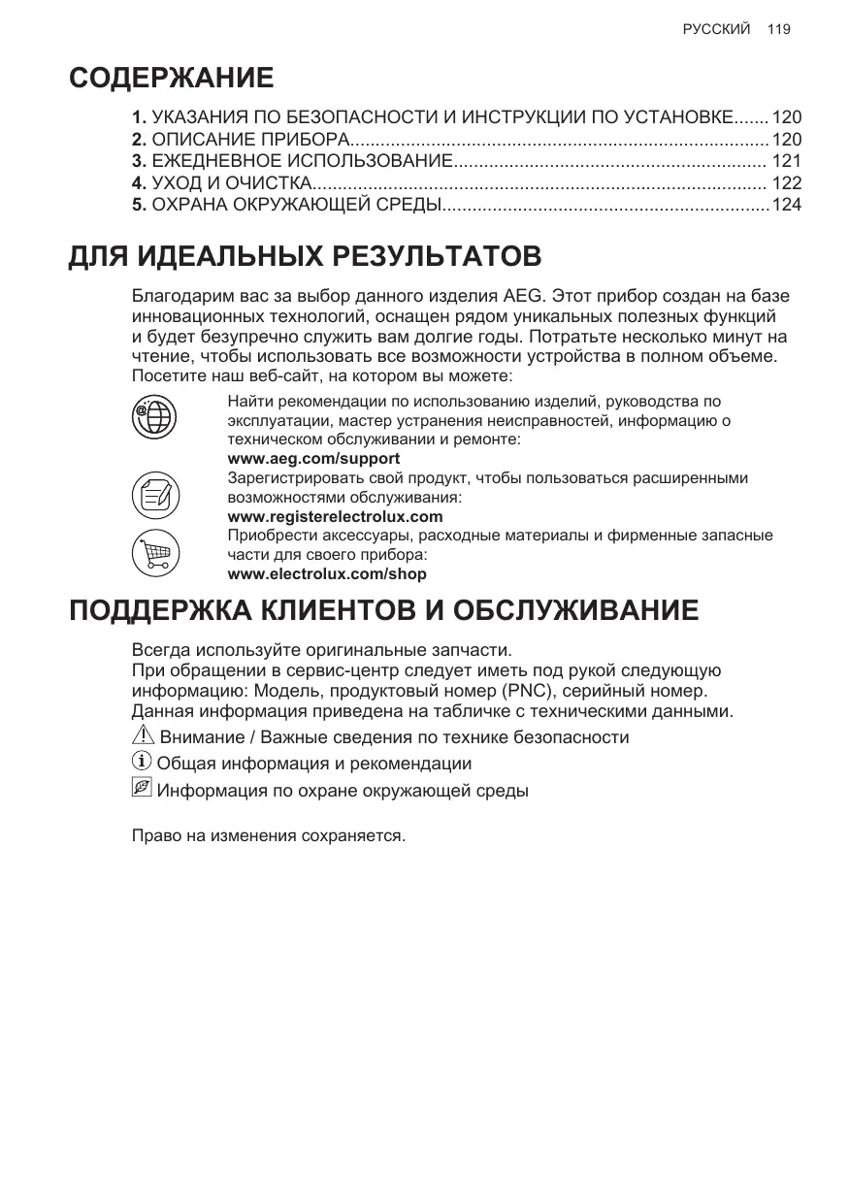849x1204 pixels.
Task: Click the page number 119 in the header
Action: click(778, 29)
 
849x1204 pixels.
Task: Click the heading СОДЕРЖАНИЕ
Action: click(171, 78)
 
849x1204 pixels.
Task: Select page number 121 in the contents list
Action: click(786, 161)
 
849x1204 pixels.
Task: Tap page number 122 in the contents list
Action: click(786, 182)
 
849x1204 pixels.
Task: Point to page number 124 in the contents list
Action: click(786, 205)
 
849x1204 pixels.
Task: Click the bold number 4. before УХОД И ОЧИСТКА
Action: click(140, 182)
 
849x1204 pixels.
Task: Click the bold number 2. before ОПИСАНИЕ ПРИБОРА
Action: click(140, 140)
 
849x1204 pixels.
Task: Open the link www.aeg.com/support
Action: click(313, 458)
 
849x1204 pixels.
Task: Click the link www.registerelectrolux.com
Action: click(335, 516)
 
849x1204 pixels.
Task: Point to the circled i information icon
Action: click(142, 763)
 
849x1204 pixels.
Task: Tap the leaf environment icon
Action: click(142, 789)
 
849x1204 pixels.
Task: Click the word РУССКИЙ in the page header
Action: click(716, 29)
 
